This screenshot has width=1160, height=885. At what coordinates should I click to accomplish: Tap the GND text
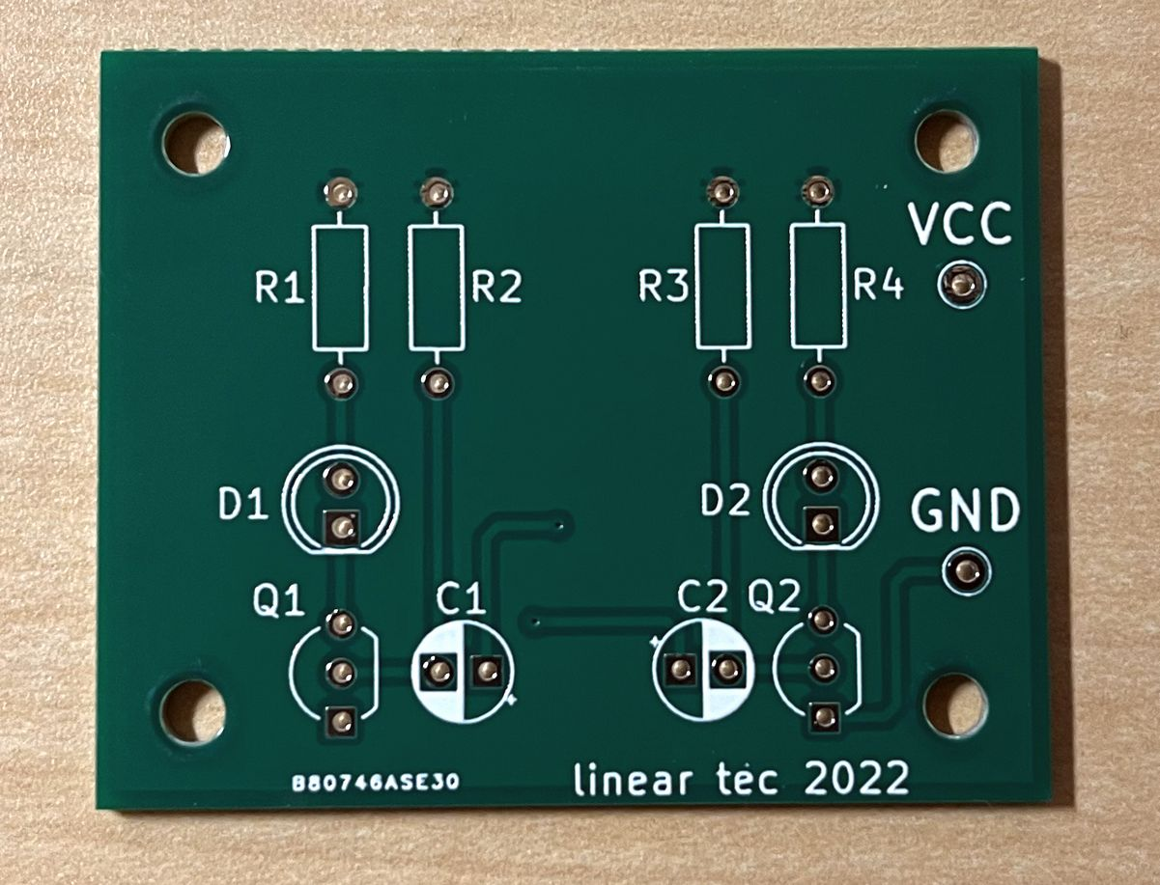966,511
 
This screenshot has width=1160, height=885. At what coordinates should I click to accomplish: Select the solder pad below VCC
961,286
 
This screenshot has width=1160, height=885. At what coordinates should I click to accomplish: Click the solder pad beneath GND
967,570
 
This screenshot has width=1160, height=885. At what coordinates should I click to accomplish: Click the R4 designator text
879,287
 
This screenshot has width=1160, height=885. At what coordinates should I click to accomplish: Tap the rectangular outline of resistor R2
437,289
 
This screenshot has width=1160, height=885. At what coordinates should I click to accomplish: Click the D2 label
725,501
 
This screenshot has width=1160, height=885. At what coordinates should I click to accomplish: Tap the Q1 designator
278,601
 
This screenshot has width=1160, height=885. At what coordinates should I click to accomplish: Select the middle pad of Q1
341,671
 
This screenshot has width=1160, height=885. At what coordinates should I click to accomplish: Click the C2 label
704,596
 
